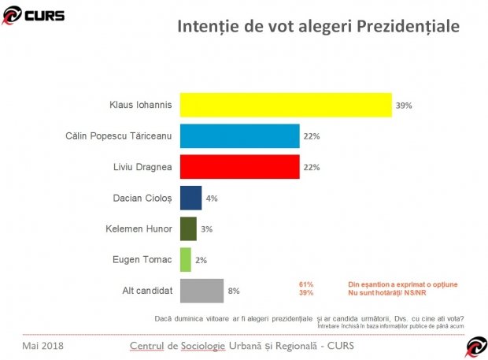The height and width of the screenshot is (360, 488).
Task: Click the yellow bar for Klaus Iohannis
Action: (x=286, y=105)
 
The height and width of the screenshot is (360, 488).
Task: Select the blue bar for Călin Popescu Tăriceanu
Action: (x=239, y=135)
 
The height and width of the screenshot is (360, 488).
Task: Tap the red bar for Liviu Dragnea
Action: (x=239, y=167)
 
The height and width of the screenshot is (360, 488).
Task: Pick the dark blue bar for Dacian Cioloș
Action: (x=190, y=198)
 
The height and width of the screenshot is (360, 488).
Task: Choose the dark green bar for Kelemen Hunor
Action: (x=188, y=228)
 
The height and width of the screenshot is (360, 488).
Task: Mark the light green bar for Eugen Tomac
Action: (x=186, y=260)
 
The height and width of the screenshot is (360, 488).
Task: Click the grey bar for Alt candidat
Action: (x=201, y=291)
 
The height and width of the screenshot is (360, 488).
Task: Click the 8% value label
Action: (x=234, y=291)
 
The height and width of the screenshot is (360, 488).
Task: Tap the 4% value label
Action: (x=212, y=199)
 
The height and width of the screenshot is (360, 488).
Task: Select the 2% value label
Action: (x=201, y=260)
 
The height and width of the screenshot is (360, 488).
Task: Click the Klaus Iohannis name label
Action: (x=142, y=105)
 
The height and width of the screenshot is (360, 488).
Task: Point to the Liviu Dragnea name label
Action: (x=144, y=167)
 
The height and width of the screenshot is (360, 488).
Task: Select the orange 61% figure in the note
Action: (x=306, y=284)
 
